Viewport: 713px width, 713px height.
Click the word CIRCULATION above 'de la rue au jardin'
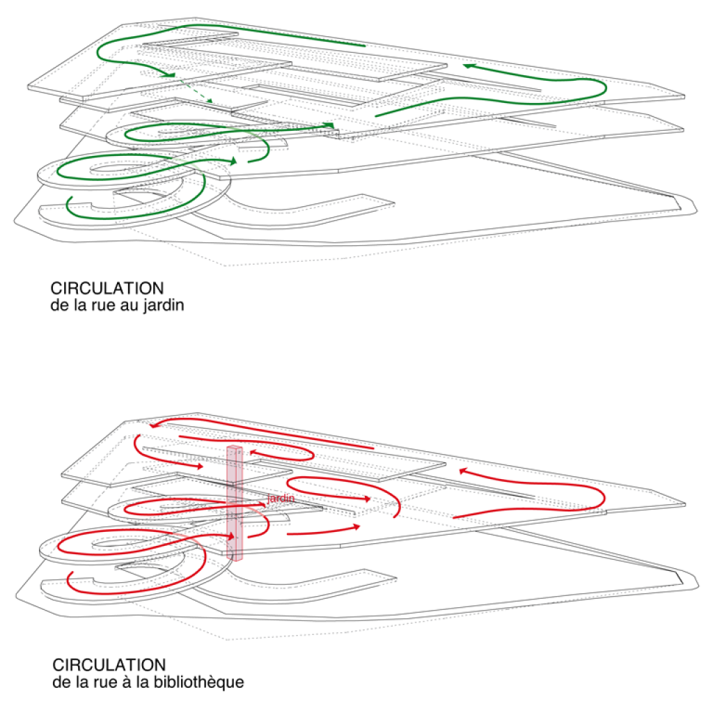[107, 288]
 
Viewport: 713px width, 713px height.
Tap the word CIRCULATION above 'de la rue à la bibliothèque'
[109, 664]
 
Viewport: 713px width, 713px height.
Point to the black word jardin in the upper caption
[163, 306]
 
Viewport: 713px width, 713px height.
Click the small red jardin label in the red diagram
[281, 499]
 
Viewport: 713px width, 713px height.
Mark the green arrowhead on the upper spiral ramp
[233, 162]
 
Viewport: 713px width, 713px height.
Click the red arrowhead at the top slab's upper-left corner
[155, 427]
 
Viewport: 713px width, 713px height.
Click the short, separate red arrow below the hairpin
[324, 530]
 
